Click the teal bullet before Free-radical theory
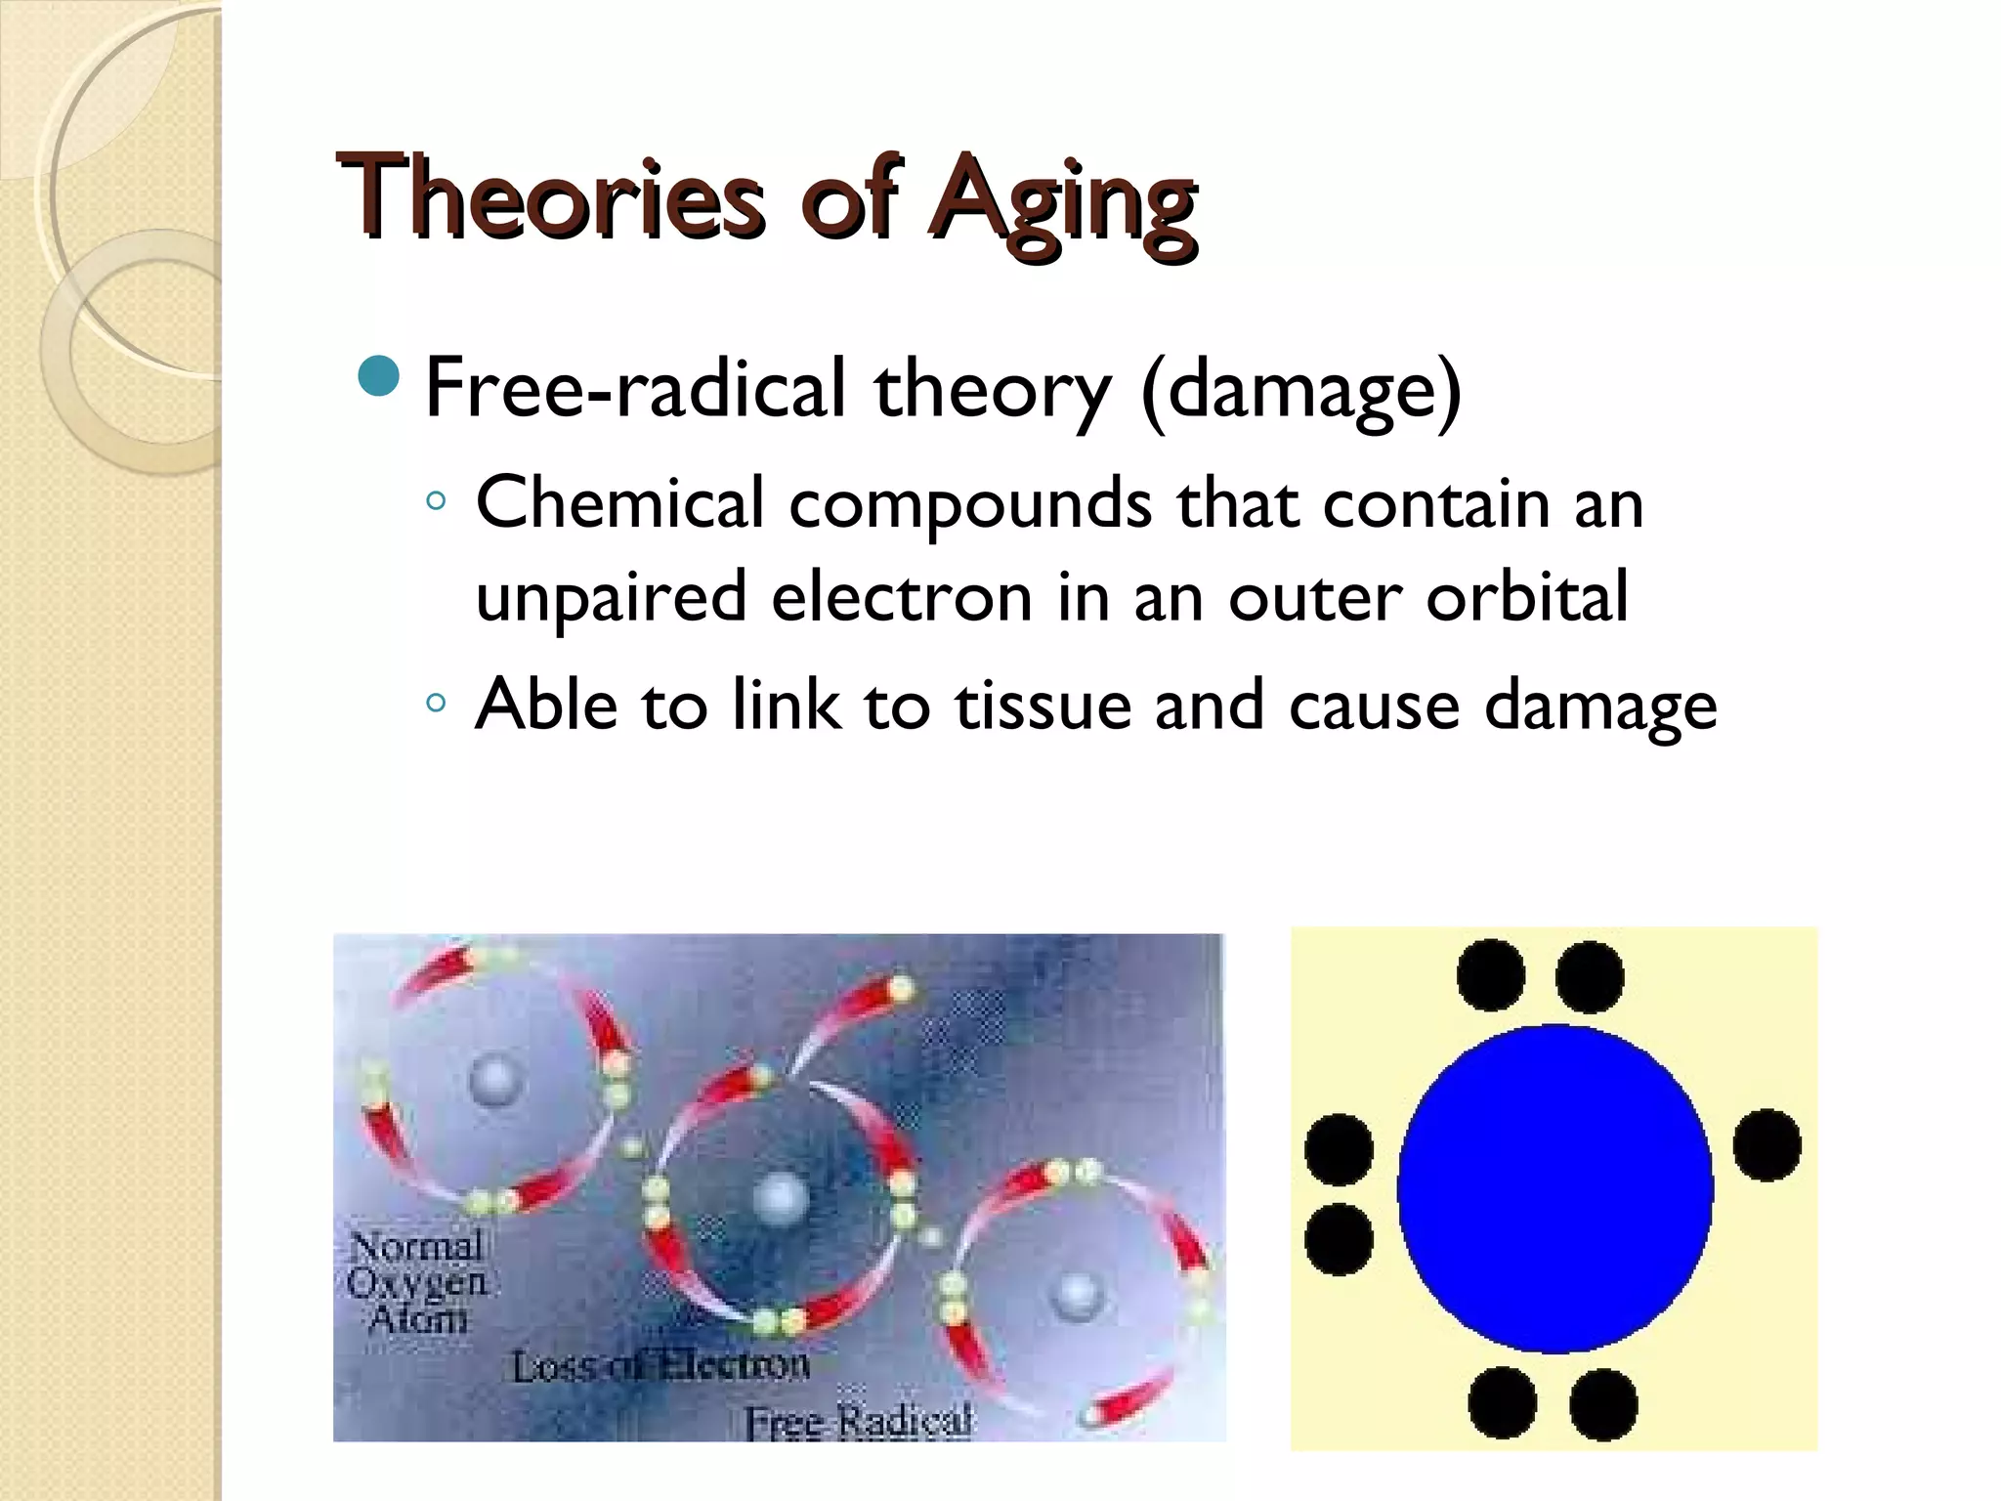point(379,377)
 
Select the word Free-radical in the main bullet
point(635,388)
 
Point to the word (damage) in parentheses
point(1300,391)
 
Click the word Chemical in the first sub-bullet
point(619,503)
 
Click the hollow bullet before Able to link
point(436,703)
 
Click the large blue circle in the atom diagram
point(1554,1188)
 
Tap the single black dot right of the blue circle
point(1767,1144)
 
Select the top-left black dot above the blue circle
point(1490,975)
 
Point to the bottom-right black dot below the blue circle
point(1603,1404)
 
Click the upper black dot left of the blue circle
point(1339,1149)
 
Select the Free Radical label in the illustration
point(859,1420)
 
